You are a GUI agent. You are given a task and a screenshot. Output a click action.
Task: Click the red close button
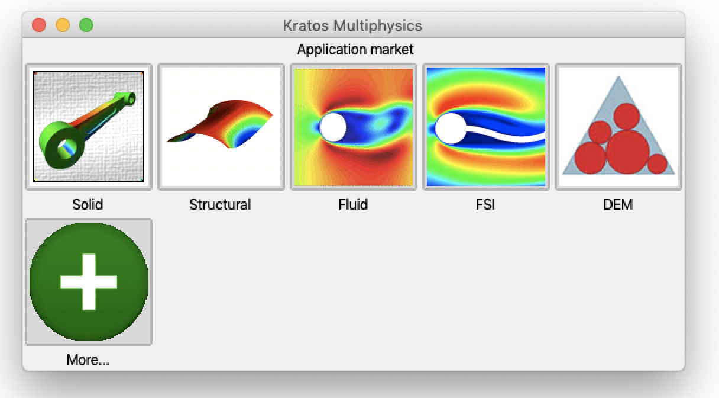point(39,25)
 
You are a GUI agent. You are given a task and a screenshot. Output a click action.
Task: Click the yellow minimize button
point(63,25)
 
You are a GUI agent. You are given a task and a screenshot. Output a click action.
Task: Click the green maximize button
point(86,25)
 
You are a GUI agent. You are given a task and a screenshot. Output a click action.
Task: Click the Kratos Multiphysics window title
point(352,25)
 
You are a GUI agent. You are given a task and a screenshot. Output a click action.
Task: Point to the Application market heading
point(355,49)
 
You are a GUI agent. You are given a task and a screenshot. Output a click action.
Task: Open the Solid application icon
point(89,127)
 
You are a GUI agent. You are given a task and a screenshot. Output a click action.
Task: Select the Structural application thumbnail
point(221,127)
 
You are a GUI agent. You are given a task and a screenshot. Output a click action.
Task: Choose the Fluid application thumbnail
point(354,127)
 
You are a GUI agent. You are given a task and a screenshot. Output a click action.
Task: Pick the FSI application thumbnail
point(486,127)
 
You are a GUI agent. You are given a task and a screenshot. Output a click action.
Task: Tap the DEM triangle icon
point(618,127)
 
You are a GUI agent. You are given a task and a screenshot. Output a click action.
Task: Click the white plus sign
point(89,282)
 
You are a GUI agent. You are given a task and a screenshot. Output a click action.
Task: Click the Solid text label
point(88,204)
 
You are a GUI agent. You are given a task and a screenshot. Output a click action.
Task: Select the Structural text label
point(220,204)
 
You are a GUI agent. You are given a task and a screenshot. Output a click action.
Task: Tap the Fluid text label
point(353,204)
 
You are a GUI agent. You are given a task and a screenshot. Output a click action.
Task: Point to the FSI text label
point(485,204)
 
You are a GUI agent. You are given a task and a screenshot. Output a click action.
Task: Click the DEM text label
point(618,204)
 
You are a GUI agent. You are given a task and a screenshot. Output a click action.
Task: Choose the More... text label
point(88,360)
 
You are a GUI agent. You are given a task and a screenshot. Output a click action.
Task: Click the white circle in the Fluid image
point(333,127)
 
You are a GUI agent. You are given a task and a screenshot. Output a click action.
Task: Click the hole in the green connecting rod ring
point(67,145)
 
